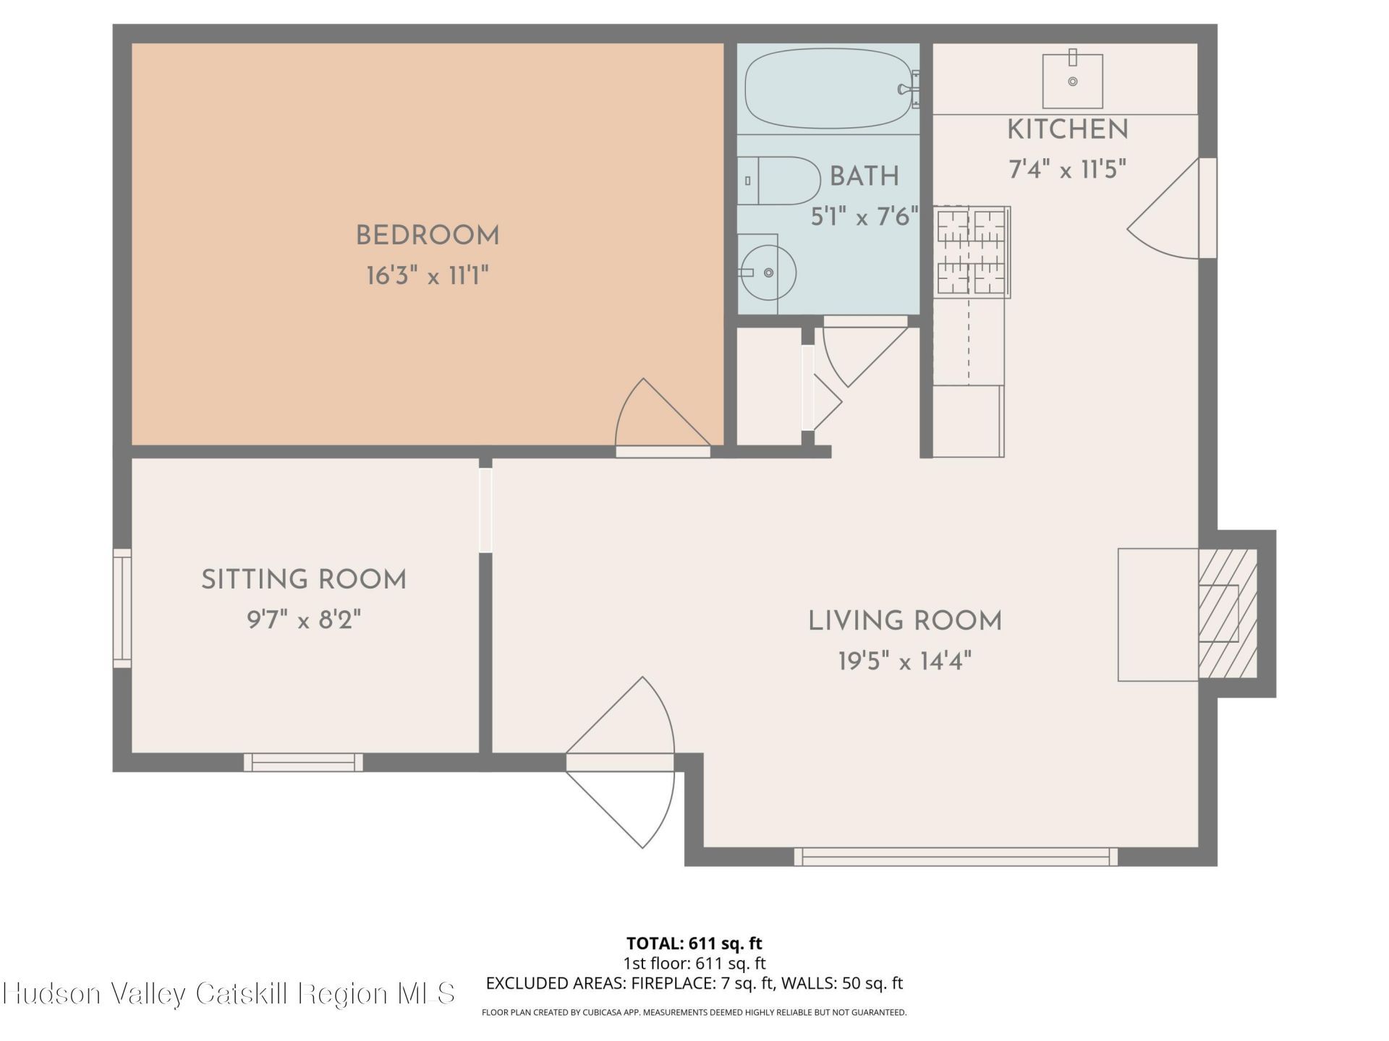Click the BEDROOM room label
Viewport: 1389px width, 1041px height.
428,236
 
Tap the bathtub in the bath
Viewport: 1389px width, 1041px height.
829,88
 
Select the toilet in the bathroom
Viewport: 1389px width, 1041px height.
778,181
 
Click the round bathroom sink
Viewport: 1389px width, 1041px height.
769,273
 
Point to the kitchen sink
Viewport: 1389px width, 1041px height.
1072,80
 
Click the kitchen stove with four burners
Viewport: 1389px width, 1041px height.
972,251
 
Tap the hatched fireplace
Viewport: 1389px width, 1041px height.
1228,614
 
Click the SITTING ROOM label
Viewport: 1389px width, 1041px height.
304,580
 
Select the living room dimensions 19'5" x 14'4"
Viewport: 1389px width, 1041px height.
904,661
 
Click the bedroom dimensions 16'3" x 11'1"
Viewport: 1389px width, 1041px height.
428,275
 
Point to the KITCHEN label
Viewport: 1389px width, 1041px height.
1068,130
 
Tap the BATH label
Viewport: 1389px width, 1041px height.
865,176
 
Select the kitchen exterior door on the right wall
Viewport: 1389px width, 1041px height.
1172,207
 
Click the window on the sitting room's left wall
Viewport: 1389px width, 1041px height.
122,608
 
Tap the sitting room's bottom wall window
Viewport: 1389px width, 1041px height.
303,762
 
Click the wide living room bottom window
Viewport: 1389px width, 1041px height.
956,857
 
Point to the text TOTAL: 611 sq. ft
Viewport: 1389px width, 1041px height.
694,943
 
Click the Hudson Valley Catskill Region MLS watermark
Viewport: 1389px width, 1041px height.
229,993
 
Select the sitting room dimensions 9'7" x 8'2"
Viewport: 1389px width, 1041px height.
304,620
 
